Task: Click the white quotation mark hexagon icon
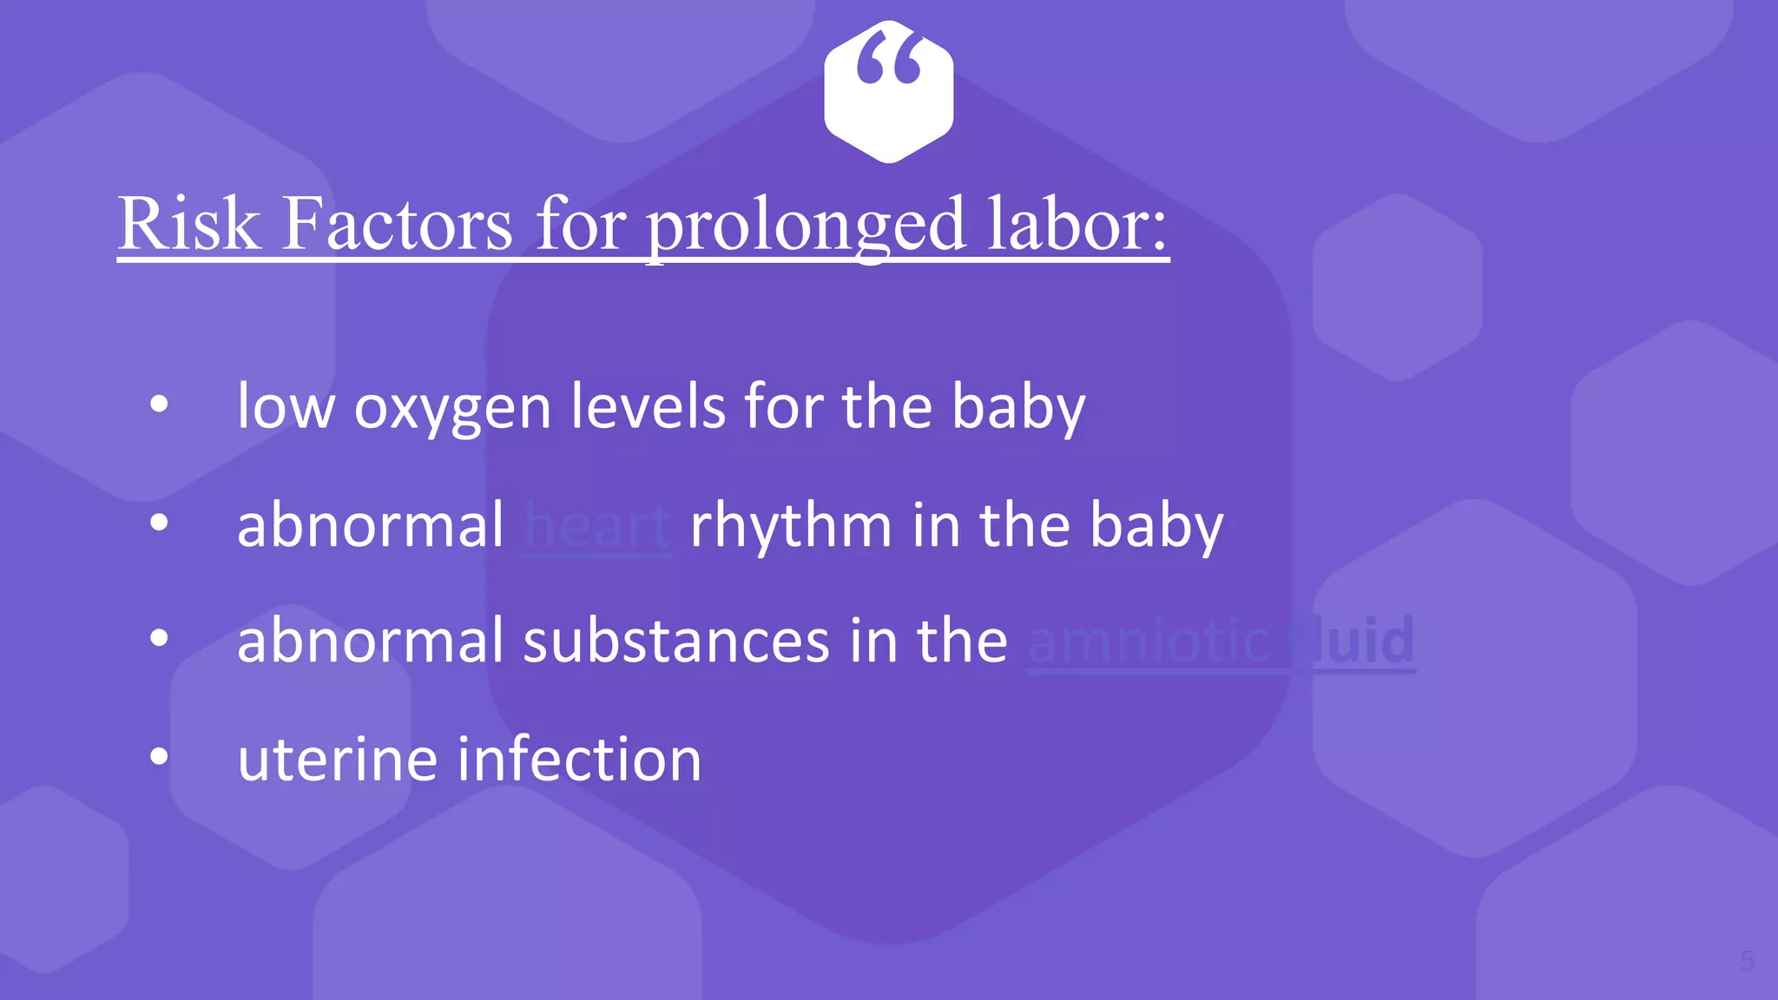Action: (x=888, y=92)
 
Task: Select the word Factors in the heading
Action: (x=398, y=224)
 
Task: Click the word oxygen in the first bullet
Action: (x=452, y=406)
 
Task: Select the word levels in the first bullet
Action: (x=648, y=406)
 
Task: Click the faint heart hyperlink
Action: (x=597, y=526)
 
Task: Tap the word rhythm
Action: (x=790, y=526)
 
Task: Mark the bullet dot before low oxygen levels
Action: (x=159, y=405)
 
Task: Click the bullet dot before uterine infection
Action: (x=159, y=757)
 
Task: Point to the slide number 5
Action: (x=1747, y=961)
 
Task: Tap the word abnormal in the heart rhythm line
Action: (x=370, y=526)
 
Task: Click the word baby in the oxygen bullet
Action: (x=1018, y=406)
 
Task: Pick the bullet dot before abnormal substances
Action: (x=159, y=639)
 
